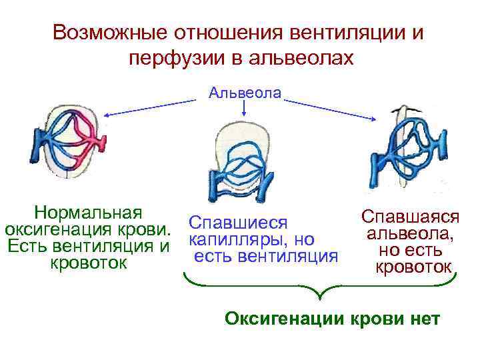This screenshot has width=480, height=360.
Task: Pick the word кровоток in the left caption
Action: (88, 263)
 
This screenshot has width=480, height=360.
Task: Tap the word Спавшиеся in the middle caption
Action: (238, 221)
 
